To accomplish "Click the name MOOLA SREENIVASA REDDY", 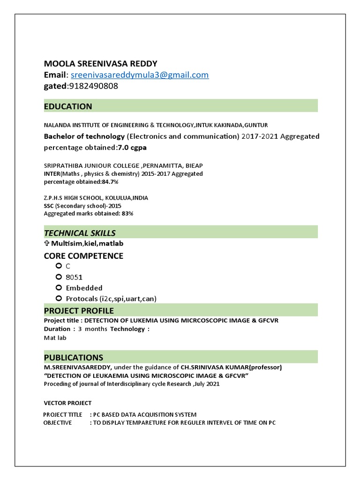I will coord(101,64).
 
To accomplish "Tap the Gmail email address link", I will coord(140,75).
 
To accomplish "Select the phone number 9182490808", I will coord(93,86).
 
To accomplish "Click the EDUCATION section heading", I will coord(68,106).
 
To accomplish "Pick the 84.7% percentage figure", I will coord(110,181).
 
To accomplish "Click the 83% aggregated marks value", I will coord(127,214).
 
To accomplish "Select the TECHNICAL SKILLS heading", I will coord(80,233).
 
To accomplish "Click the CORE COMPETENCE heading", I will coord(83,256).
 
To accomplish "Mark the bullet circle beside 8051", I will coord(58,277).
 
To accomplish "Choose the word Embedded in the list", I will coord(84,288).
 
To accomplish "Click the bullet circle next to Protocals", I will coord(58,298).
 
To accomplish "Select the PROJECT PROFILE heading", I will coord(79,311).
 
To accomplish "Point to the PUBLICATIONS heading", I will coord(74,358).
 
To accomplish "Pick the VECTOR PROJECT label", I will coord(67,403).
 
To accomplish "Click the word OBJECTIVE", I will coord(58,422).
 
